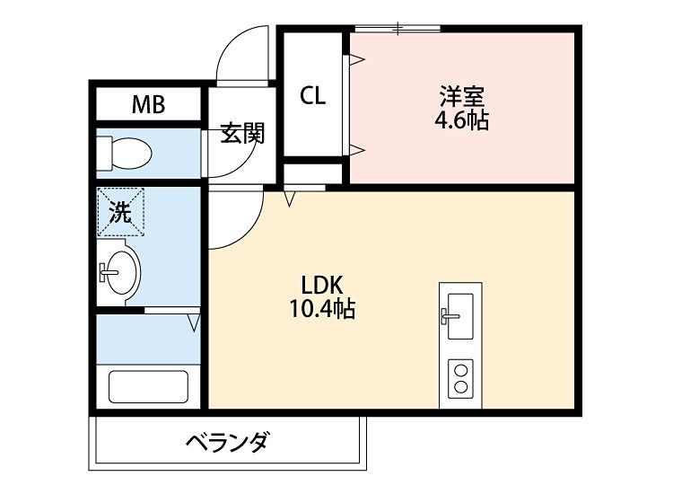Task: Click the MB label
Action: point(149,105)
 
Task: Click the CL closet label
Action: point(312,95)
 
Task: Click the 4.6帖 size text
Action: point(463,120)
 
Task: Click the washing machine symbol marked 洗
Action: point(121,212)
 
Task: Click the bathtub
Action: point(148,386)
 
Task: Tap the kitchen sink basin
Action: point(460,315)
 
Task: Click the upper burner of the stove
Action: point(461,368)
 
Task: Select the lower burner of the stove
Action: point(461,387)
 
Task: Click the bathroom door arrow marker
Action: point(194,321)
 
